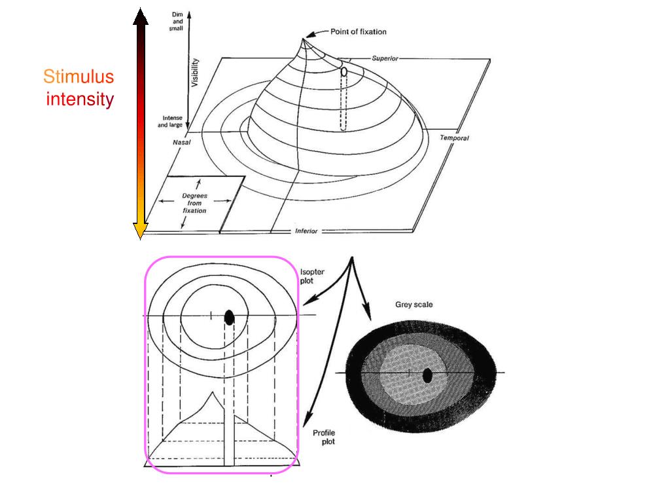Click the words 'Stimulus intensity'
(x=79, y=88)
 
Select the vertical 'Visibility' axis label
(x=195, y=73)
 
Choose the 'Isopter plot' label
(x=312, y=276)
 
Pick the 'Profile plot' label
(x=325, y=437)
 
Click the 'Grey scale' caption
(x=414, y=305)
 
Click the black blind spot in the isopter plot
(x=229, y=317)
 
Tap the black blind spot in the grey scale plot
(x=427, y=375)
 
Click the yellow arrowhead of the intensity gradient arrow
(x=141, y=231)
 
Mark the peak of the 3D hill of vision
(x=303, y=39)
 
